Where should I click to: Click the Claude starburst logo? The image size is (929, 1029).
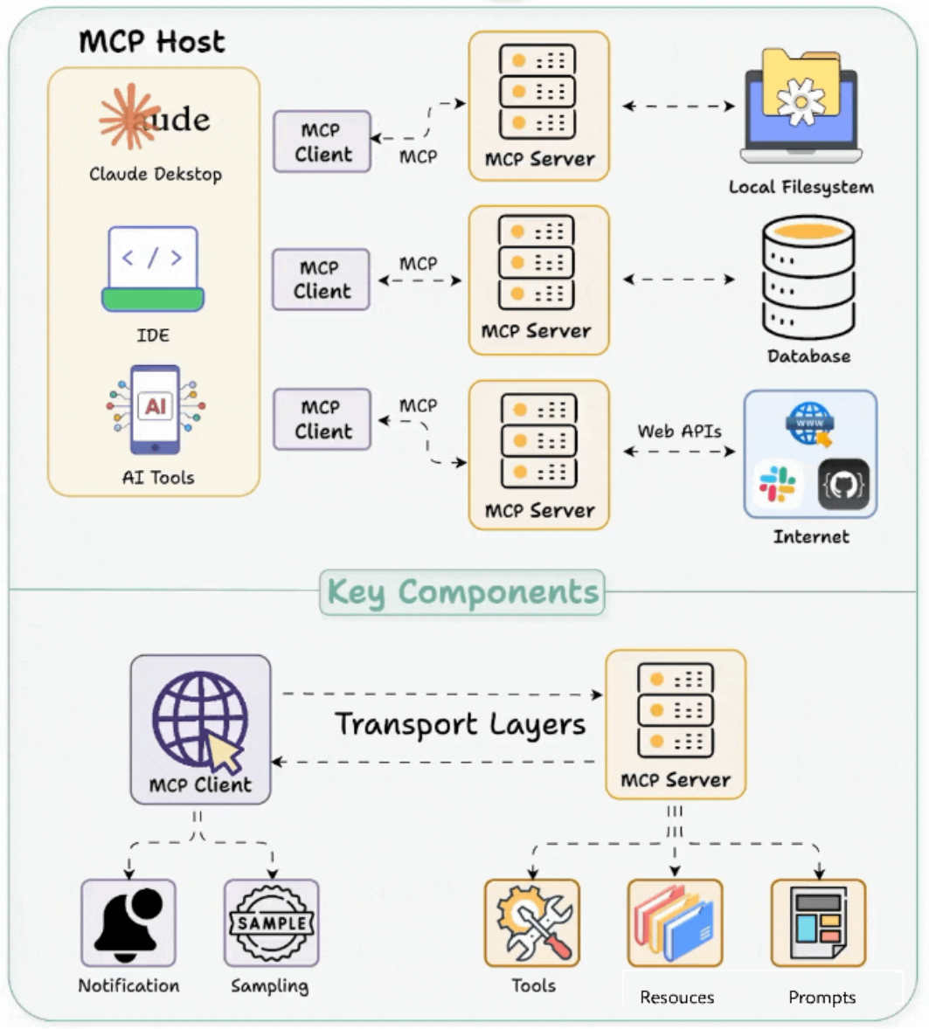pyautogui.click(x=130, y=117)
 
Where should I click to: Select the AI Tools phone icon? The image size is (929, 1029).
pyautogui.click(x=155, y=410)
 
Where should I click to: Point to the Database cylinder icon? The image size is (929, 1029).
pyautogui.click(x=808, y=278)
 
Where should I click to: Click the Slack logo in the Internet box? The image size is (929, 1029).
pyautogui.click(x=777, y=485)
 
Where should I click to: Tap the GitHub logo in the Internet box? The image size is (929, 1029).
pyautogui.click(x=843, y=484)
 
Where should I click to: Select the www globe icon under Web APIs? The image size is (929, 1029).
pyautogui.click(x=809, y=424)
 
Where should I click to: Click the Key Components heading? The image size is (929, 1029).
pyautogui.click(x=462, y=592)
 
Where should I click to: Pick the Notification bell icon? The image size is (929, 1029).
pyautogui.click(x=128, y=922)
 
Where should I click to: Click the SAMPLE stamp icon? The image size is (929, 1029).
pyautogui.click(x=272, y=922)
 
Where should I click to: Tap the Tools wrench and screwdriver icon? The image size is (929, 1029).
pyautogui.click(x=532, y=922)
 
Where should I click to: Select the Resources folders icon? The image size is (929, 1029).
pyautogui.click(x=676, y=922)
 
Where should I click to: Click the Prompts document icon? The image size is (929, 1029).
pyautogui.click(x=818, y=922)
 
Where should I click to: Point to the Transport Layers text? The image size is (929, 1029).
pyautogui.click(x=460, y=725)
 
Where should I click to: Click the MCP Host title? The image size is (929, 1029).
pyautogui.click(x=152, y=41)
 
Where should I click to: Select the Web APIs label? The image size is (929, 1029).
pyautogui.click(x=679, y=431)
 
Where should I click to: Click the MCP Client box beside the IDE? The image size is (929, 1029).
pyautogui.click(x=322, y=280)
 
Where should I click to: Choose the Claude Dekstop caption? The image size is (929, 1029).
pyautogui.click(x=156, y=174)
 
